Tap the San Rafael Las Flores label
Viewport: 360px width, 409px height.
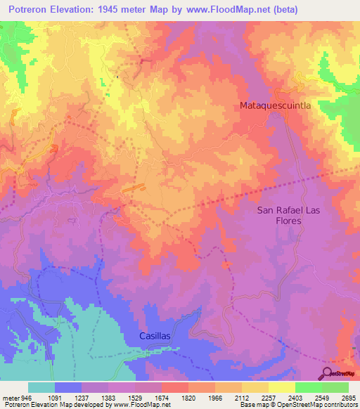(x=288, y=215)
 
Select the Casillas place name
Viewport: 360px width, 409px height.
(x=150, y=337)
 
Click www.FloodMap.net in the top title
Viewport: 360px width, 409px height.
(x=226, y=10)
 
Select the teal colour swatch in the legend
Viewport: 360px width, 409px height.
(x=41, y=387)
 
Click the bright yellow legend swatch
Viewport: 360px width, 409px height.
(x=281, y=387)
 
